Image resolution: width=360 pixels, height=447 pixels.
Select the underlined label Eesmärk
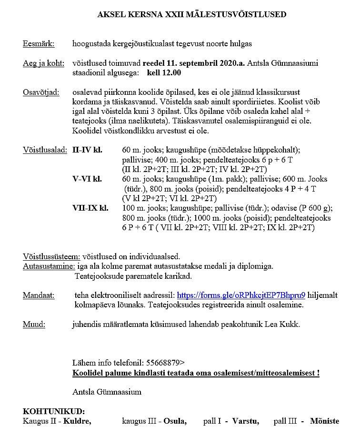39,44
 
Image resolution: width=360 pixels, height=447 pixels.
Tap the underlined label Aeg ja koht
43,63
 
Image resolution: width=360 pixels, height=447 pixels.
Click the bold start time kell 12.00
164,73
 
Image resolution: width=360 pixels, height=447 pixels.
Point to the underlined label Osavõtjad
41,92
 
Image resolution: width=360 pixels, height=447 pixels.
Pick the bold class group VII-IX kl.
90,208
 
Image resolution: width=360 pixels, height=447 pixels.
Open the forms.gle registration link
241,295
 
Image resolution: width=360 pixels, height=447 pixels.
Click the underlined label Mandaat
39,295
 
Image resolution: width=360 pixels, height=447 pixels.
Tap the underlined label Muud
34,324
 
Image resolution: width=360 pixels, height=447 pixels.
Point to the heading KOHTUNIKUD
54,411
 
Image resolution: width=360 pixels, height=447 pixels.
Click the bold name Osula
175,421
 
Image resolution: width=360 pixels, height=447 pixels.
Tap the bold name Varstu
246,421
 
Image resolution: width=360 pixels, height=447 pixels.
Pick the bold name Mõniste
324,421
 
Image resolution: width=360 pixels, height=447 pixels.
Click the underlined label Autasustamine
49,265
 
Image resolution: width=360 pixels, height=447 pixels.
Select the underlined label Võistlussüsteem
51,256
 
